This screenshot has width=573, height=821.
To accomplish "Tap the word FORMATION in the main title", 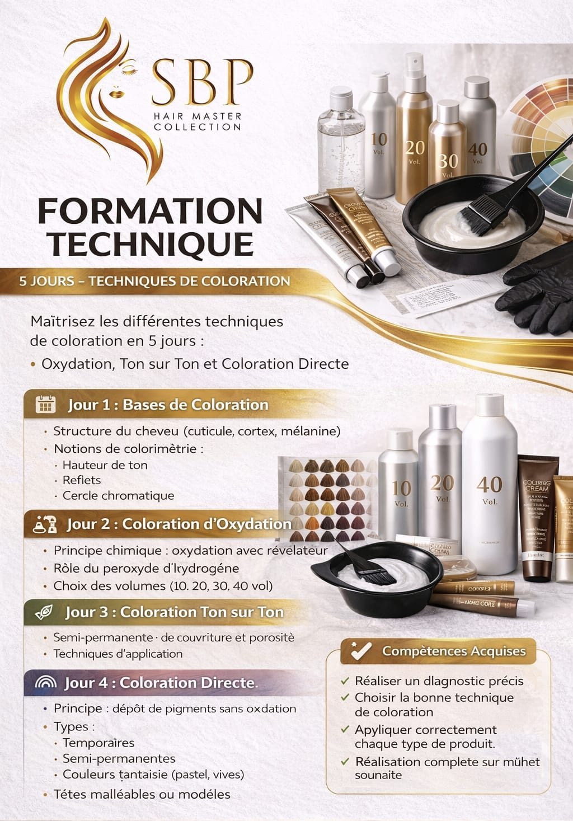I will point(150,212).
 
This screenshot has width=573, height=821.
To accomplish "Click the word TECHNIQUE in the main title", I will point(150,243).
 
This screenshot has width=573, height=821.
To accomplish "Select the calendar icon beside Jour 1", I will point(45,404).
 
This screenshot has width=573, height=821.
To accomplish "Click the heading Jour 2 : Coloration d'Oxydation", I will point(179,524).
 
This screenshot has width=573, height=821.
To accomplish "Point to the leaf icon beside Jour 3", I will point(44,612).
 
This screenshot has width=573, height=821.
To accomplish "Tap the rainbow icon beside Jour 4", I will point(45,683).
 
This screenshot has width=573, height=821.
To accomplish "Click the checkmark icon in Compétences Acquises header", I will point(360,651).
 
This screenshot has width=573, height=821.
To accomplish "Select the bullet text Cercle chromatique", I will point(118,495).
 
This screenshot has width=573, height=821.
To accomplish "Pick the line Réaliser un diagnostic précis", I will point(439,681).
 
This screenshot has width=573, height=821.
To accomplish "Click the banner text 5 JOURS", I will point(47,281).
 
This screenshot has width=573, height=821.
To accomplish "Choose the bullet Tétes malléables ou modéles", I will point(142,794).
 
